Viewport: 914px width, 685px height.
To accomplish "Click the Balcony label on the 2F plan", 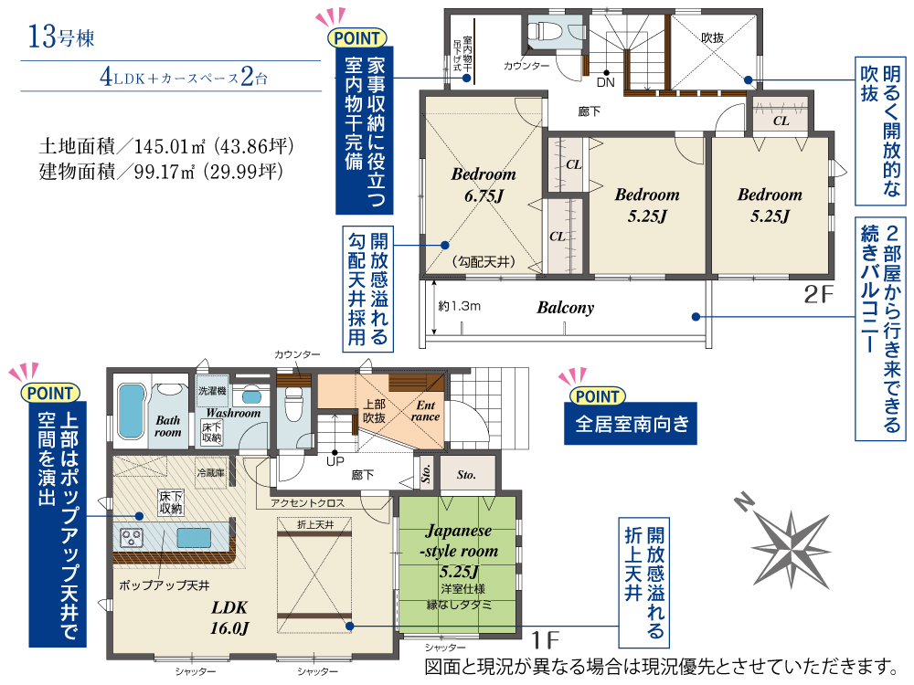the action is (566, 308).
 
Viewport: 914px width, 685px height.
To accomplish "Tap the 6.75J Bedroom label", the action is (484, 184).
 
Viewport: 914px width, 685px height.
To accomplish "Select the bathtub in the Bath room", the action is (131, 411).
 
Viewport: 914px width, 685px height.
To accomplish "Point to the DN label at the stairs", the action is (606, 82).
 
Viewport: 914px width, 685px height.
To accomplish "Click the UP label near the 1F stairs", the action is (335, 461).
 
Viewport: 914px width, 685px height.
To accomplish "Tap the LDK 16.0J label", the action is (229, 617).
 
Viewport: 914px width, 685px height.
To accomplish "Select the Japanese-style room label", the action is (460, 541).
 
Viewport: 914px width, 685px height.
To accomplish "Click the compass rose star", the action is (792, 550).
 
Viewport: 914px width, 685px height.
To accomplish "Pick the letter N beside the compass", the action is (742, 501).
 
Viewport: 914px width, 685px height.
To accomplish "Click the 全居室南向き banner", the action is (631, 424).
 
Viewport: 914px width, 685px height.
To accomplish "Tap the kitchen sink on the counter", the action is (194, 536).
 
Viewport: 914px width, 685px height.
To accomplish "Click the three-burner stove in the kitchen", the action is (131, 537).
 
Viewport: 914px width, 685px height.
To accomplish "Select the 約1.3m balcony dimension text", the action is (460, 306).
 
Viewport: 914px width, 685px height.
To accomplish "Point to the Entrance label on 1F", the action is (425, 411).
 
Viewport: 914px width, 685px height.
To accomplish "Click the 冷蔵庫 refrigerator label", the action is (211, 472).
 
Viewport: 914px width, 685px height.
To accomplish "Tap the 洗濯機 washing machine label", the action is (212, 390).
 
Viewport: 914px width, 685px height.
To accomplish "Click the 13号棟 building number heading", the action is (61, 37).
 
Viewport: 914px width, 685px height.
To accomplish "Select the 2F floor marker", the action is (819, 294).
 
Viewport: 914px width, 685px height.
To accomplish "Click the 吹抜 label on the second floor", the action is (712, 37).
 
